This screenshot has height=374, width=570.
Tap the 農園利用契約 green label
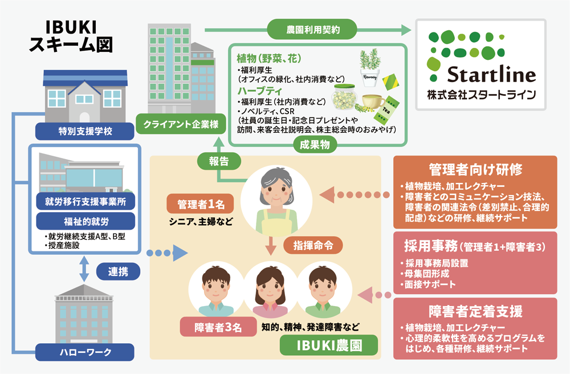[x=312, y=28]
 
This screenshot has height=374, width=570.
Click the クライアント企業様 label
[x=177, y=124]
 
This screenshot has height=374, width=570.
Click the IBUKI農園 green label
[x=321, y=344]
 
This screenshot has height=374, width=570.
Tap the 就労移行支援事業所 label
[x=85, y=200]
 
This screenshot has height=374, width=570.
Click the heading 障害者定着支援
[x=475, y=312]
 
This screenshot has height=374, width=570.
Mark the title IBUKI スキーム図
[x=71, y=35]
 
